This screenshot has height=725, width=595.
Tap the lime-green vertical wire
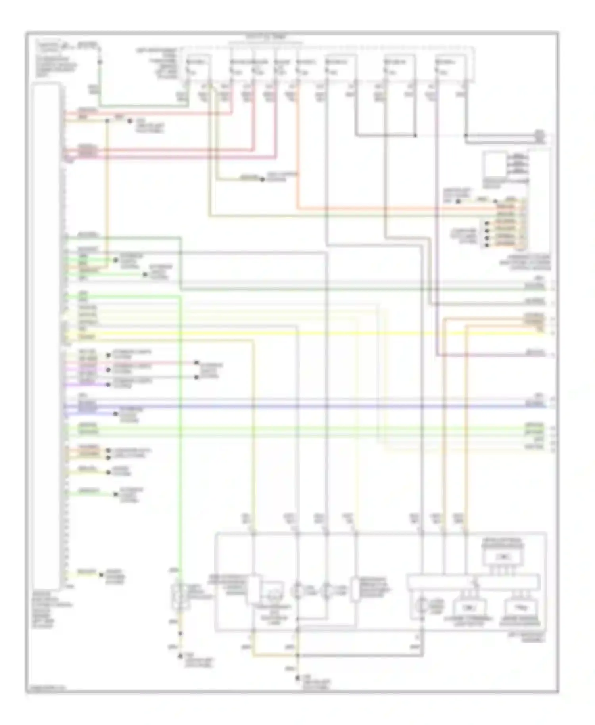pyautogui.click(x=180, y=436)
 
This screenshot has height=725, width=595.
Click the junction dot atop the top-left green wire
pyautogui.click(x=100, y=62)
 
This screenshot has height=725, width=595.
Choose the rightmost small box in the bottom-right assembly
pyautogui.click(x=521, y=607)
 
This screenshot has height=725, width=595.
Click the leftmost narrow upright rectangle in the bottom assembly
pyautogui.click(x=254, y=589)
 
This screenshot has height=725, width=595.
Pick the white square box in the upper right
pyautogui.click(x=494, y=165)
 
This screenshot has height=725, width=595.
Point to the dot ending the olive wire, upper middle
pyautogui.click(x=262, y=180)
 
